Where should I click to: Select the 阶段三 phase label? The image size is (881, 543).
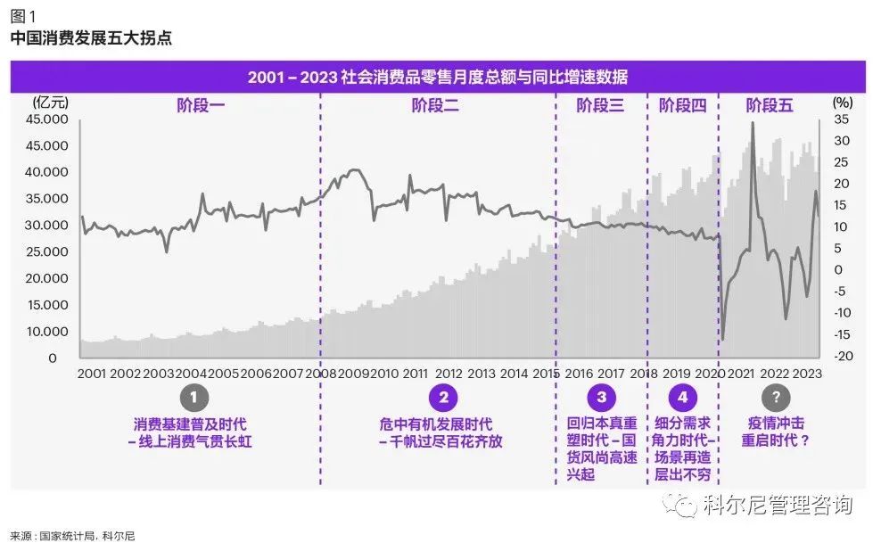(x=600, y=106)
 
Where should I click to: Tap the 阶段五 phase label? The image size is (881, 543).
(x=770, y=106)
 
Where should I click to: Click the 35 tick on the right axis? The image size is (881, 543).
(x=843, y=119)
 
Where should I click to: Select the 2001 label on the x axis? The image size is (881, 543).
(x=94, y=374)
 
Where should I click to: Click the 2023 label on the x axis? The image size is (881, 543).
(x=806, y=374)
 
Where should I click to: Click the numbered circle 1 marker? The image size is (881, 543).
(x=193, y=398)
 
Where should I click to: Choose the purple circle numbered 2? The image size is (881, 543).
(x=443, y=398)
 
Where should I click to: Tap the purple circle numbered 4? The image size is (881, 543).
(x=682, y=398)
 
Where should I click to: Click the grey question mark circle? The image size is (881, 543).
(x=776, y=398)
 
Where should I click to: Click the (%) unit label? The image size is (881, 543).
(x=843, y=103)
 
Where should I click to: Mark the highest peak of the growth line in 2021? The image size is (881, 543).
(x=753, y=123)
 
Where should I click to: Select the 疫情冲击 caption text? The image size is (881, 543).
(x=775, y=424)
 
